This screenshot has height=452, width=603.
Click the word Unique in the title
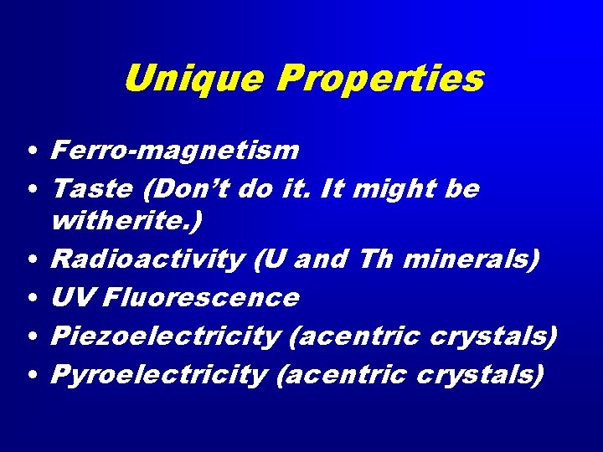194,79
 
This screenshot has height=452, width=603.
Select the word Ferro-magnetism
174,150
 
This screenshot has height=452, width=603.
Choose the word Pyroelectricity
159,373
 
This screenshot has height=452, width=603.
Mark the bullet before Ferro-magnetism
29,152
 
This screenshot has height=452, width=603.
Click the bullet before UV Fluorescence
29,299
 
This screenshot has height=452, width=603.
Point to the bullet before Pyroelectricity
29,376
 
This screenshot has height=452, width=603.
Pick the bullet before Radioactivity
29,261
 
